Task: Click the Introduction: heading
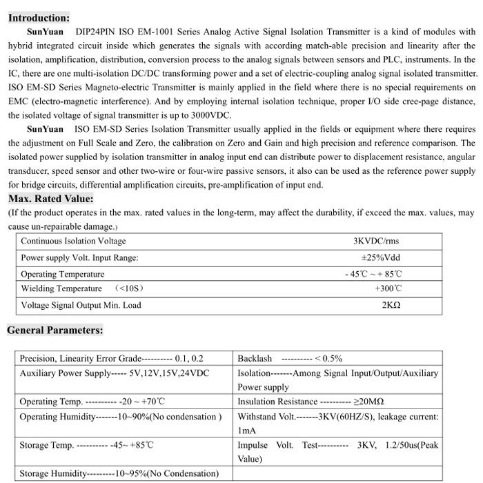pos(39,18)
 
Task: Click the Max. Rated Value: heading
pos(50,199)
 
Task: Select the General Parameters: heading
pos(55,330)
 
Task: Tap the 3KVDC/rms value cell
pos(376,241)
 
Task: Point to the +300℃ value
pos(388,288)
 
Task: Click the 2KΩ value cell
pos(391,305)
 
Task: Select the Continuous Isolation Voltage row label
pos(74,241)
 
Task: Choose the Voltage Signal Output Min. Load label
pos(81,305)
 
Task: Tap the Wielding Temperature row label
pos(62,288)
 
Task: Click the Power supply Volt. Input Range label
pos(79,257)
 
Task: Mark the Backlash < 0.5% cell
pos(290,359)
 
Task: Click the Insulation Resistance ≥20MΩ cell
pos(310,402)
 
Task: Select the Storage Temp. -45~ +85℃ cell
pos(86,445)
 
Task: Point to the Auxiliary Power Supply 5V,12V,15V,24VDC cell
pos(114,373)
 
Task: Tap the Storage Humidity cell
pos(119,474)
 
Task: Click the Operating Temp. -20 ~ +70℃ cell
pos(92,402)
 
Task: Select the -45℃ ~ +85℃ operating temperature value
pos(373,274)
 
